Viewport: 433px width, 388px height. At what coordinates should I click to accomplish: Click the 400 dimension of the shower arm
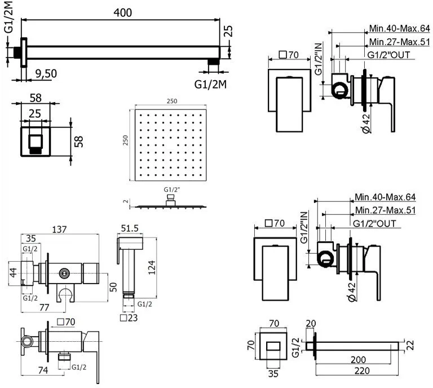coord(122,12)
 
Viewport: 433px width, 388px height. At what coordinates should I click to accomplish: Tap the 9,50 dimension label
coord(46,73)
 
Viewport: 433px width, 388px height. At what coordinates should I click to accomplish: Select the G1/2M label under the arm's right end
coord(210,84)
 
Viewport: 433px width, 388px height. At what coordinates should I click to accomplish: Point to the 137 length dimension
coord(59,229)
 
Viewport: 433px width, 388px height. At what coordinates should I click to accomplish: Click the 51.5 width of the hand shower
coord(130,228)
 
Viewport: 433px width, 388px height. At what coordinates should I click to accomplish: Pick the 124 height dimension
coord(152,267)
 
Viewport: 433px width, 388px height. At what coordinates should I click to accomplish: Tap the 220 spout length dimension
coord(362,371)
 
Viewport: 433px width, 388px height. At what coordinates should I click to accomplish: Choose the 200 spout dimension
coord(359,360)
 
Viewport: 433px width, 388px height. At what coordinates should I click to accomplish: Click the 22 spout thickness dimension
coord(410,345)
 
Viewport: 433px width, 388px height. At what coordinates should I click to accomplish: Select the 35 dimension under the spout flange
coord(273,374)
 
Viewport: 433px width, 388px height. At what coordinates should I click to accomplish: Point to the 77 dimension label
coord(44,307)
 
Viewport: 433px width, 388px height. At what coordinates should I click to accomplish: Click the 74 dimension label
coord(43,370)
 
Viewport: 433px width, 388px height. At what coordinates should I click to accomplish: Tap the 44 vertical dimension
coord(14,272)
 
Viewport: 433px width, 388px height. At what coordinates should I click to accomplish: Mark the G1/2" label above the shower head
coord(172,189)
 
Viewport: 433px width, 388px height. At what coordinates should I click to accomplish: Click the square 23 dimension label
coord(129,318)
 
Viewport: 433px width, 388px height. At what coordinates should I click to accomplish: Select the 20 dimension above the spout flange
coord(311,323)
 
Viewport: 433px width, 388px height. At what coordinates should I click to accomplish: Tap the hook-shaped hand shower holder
coord(66,294)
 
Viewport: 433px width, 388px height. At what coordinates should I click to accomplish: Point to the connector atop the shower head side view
coord(170,200)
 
